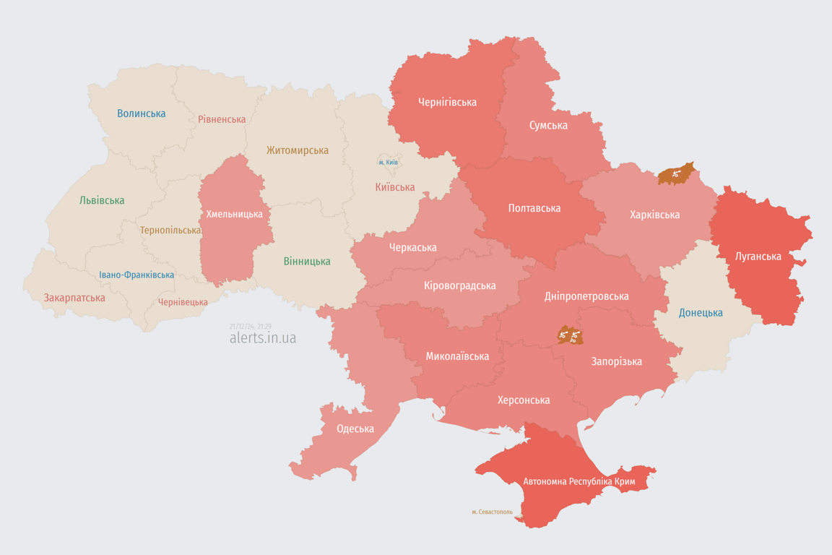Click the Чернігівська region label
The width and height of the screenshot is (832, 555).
pyautogui.click(x=447, y=102)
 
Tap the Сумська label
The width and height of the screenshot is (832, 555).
pyautogui.click(x=548, y=125)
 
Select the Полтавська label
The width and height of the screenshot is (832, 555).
pyautogui.click(x=534, y=208)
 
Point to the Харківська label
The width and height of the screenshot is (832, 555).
pyautogui.click(x=654, y=215)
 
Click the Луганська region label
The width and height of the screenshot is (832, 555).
pyautogui.click(x=758, y=256)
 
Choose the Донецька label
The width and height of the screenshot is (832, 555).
pyautogui.click(x=701, y=313)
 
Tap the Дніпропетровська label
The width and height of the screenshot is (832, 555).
pyautogui.click(x=586, y=296)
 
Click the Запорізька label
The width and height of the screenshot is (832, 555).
pyautogui.click(x=616, y=361)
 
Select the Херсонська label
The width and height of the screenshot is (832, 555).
pyautogui.click(x=524, y=400)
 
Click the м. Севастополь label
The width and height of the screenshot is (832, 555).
pyautogui.click(x=492, y=512)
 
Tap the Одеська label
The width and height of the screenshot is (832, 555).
pyautogui.click(x=355, y=429)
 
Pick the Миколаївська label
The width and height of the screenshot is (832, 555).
pyautogui.click(x=457, y=356)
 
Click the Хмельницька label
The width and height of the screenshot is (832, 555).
pyautogui.click(x=234, y=214)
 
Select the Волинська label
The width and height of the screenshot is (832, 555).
pyautogui.click(x=141, y=113)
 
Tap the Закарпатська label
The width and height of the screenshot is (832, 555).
pyautogui.click(x=74, y=298)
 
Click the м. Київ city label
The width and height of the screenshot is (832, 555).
pyautogui.click(x=388, y=162)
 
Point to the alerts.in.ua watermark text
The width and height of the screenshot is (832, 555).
pyautogui.click(x=262, y=337)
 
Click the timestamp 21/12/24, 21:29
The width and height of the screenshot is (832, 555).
pyautogui.click(x=250, y=327)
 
